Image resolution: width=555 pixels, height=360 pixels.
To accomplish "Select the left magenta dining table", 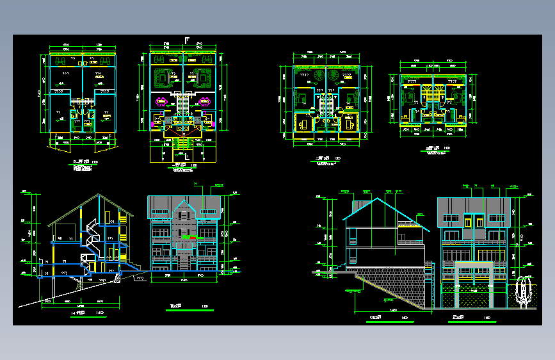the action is point(161,101).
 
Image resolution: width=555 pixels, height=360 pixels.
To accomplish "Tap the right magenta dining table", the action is point(205,101).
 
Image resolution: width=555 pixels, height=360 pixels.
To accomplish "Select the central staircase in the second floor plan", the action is point(183,102).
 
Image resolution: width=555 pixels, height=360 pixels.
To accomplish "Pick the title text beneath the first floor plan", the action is point(81,168).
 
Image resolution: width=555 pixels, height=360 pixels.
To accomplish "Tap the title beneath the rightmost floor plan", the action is point(438,152).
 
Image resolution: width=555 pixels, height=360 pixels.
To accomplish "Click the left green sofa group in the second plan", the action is point(163,77).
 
